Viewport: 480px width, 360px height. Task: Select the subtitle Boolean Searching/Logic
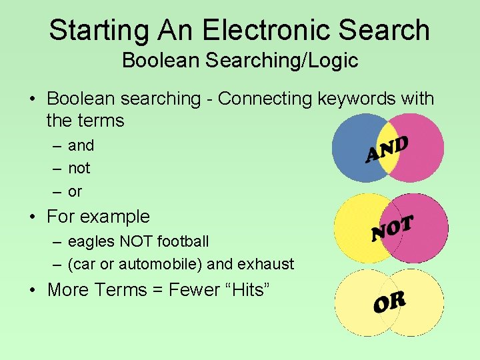coord(240,61)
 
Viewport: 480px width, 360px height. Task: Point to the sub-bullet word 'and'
coord(81,145)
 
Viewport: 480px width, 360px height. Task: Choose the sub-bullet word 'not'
coord(79,169)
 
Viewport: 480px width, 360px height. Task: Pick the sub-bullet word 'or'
coord(75,192)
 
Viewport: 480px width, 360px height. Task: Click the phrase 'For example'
coord(98,217)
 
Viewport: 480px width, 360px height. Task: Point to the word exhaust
coord(265,265)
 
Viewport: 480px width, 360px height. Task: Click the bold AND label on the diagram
coord(387,149)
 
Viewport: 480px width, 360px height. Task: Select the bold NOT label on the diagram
coord(393,227)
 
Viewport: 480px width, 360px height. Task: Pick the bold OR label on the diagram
coord(389,303)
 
